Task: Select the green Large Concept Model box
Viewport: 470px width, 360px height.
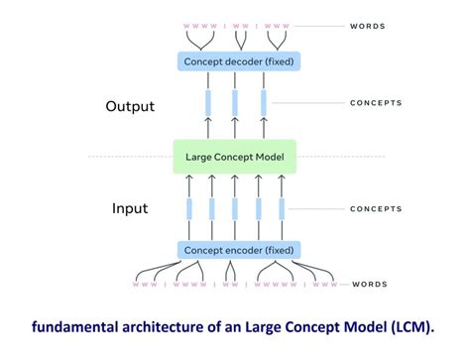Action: (234, 157)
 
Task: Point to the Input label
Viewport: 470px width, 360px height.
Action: (130, 209)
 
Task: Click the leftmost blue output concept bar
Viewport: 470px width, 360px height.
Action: (208, 103)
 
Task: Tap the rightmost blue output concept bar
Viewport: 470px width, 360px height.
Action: (263, 103)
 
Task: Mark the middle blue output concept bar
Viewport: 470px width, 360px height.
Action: (235, 103)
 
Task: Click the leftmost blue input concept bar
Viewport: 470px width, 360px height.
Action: (188, 208)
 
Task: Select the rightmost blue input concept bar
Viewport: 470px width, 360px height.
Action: (282, 208)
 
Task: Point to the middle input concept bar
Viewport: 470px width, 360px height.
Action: (235, 208)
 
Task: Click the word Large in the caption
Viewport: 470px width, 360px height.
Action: (260, 327)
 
